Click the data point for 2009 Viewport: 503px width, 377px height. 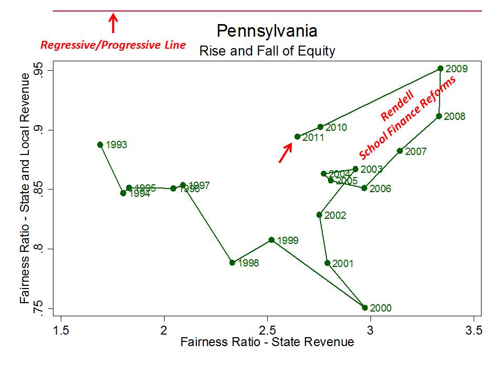point(441,69)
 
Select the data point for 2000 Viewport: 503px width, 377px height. point(365,307)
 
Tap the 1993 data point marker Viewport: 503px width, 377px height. point(100,145)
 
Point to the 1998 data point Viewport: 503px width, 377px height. point(232,262)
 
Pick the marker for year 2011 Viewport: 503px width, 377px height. point(298,137)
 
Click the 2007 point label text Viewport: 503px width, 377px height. point(416,152)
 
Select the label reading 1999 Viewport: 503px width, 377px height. point(288,241)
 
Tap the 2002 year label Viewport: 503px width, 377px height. point(335,215)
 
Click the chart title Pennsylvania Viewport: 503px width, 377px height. point(267,31)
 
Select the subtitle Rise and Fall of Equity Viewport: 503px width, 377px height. point(267,51)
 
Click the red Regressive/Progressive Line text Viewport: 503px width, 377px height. point(113,45)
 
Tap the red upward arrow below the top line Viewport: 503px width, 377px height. point(113,23)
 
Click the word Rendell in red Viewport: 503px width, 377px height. point(397,106)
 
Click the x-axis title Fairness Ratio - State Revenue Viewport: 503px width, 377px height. point(267,342)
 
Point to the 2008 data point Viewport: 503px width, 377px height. point(439,116)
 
